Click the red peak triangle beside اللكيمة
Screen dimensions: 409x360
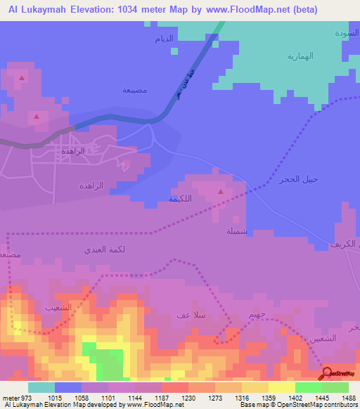221,191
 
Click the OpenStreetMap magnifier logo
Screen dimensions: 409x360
327,374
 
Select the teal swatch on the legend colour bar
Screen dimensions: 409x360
41,387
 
